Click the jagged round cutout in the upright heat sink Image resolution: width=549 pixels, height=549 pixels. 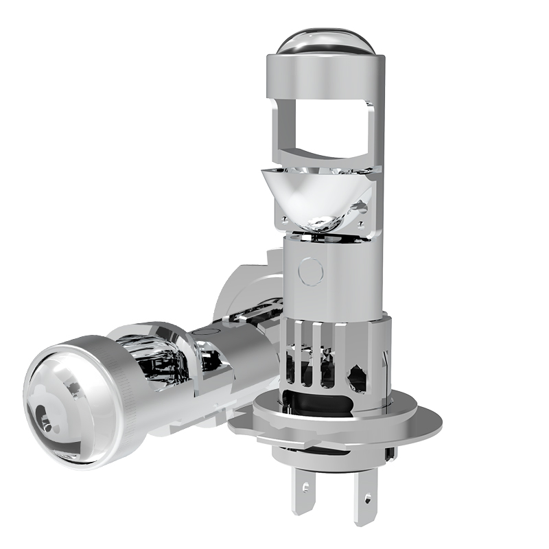coord(358,377)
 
